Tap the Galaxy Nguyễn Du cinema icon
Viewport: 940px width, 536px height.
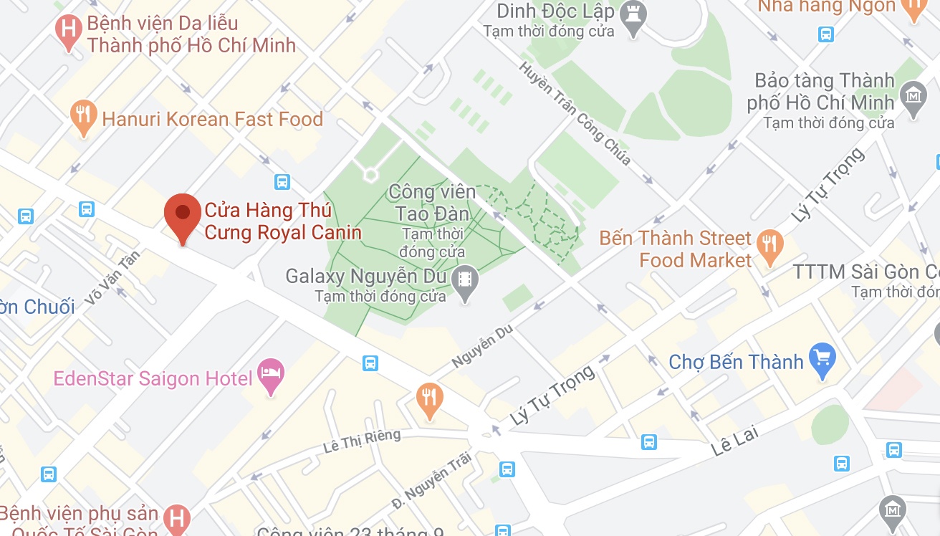(x=466, y=277)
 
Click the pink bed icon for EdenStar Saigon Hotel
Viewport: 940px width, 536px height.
(x=271, y=374)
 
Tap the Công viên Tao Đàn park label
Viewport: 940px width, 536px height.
(x=431, y=203)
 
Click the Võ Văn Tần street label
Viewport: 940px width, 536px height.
(x=112, y=278)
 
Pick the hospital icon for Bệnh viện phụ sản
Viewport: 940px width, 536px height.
(x=175, y=518)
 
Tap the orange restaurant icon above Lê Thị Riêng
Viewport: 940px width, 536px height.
(x=429, y=398)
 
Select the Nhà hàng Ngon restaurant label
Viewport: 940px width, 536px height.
(x=827, y=6)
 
